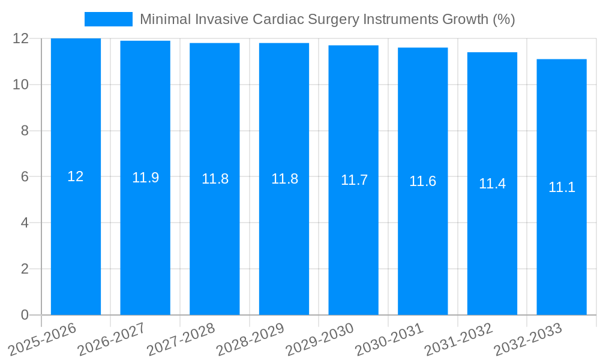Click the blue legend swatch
point(108,19)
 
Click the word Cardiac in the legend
point(278,19)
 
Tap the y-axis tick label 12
point(20,38)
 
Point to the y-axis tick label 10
point(20,85)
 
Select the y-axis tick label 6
point(25,177)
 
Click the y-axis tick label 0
point(25,315)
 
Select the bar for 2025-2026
point(76,240)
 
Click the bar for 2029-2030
point(353,240)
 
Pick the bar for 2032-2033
point(562,240)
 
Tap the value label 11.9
point(145,178)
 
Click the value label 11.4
point(492,184)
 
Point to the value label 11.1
point(562,187)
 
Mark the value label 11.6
point(422,181)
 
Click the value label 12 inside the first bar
point(76,176)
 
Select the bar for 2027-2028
point(215,240)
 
